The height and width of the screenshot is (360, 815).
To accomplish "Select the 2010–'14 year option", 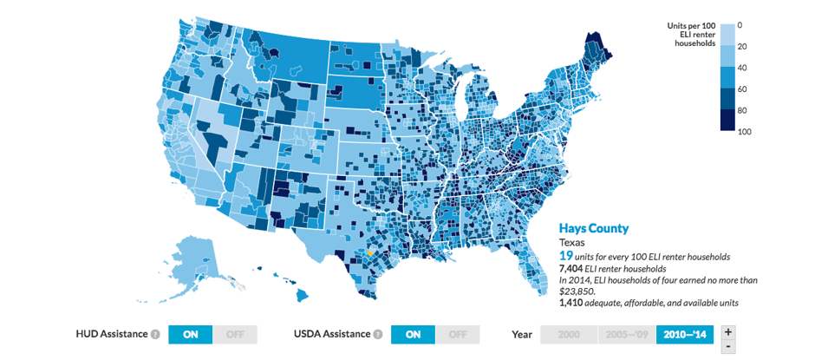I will click(682, 334).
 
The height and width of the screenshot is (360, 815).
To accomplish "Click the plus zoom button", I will click(728, 331).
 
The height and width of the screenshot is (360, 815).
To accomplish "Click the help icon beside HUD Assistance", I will click(155, 334).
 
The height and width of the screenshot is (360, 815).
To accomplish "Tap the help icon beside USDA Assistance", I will click(378, 334).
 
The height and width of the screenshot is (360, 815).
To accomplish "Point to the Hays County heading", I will click(593, 228).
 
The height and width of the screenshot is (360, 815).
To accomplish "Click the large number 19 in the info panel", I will click(565, 257).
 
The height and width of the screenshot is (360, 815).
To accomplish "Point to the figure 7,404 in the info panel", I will click(573, 269).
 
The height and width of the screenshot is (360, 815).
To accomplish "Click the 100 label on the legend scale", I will click(745, 132).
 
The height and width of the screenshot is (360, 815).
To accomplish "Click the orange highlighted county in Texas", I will click(368, 253).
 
